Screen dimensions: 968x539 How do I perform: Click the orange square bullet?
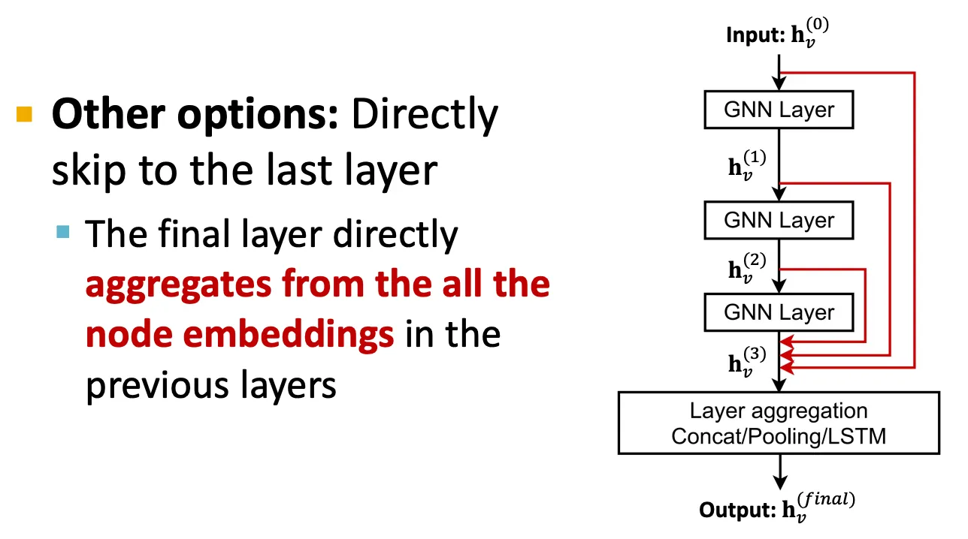(24, 114)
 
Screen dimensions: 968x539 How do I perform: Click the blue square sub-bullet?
(63, 232)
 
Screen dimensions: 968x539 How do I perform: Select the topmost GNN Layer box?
(779, 110)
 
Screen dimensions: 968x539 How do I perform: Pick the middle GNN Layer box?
(779, 220)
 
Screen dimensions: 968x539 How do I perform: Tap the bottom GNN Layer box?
(779, 312)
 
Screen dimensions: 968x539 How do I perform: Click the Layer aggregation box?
(779, 423)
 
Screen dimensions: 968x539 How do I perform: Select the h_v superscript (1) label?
(747, 165)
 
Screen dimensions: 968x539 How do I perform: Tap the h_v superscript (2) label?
(747, 268)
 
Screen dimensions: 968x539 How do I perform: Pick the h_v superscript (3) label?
(747, 362)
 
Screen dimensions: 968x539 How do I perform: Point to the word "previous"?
(158, 386)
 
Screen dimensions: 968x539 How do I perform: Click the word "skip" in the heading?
(89, 170)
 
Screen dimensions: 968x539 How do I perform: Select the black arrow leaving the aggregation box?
(779, 471)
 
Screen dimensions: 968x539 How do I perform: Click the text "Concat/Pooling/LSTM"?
(779, 436)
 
